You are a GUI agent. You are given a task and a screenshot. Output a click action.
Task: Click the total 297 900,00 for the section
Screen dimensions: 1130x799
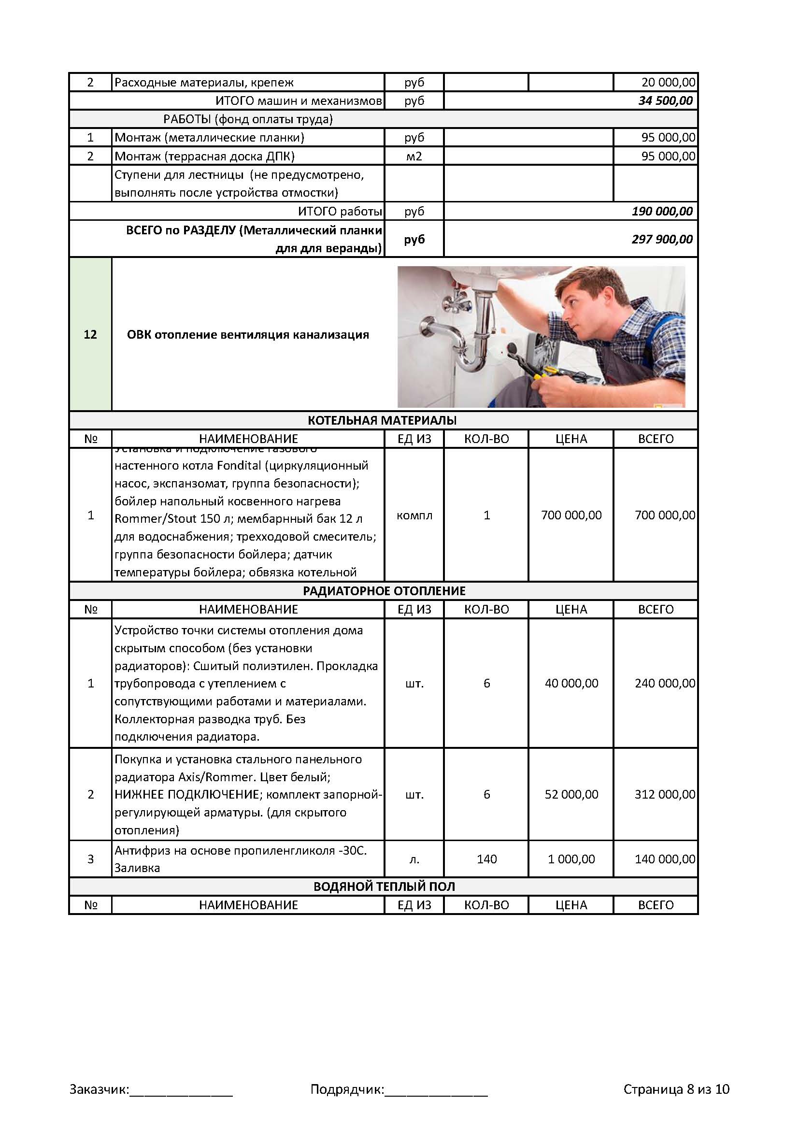point(662,239)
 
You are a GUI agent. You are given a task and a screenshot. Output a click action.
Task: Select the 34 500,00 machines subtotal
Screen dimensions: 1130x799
point(665,101)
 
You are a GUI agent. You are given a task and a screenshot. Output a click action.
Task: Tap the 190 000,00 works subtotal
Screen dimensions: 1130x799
point(662,212)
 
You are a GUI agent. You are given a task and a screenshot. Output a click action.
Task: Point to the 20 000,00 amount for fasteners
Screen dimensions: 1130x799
point(668,82)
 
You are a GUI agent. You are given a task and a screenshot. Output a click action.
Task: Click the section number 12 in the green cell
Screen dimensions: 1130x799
point(90,335)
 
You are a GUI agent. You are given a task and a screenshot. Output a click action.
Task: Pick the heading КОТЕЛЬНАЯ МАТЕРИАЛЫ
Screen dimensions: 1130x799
point(382,420)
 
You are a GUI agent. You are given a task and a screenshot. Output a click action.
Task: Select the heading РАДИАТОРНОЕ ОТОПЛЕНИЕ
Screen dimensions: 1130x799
point(384,590)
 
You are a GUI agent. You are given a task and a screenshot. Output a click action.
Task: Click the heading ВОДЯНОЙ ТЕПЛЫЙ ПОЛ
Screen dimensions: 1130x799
point(384,887)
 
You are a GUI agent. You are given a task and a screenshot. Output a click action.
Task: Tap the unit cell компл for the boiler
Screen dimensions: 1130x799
point(414,515)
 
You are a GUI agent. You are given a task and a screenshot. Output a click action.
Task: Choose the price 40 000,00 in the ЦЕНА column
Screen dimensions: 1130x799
point(571,683)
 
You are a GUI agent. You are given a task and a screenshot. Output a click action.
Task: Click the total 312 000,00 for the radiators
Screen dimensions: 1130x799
point(665,794)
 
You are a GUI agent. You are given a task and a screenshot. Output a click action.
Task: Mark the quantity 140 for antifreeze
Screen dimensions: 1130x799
point(486,859)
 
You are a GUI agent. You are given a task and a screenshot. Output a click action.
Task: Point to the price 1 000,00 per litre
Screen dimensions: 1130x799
point(571,859)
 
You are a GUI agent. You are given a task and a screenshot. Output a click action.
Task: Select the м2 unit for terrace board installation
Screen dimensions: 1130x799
point(414,157)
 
